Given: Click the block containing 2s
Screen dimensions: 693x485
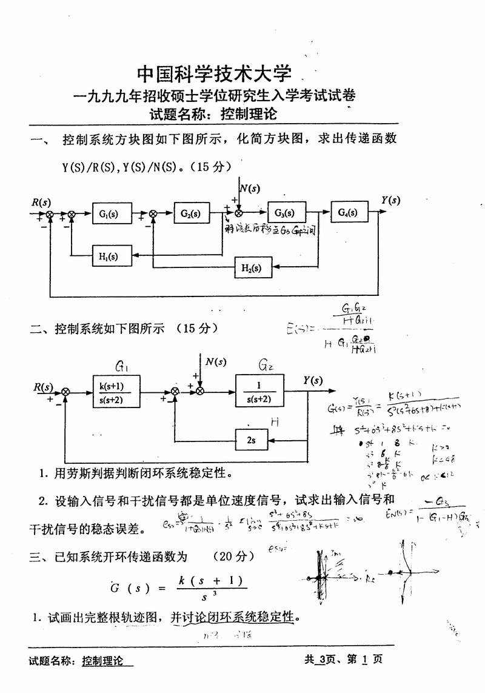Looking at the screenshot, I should click(x=253, y=438).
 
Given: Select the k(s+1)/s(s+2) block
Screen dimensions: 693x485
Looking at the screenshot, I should click(x=115, y=391).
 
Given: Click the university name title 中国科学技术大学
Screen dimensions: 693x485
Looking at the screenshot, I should click(x=215, y=74).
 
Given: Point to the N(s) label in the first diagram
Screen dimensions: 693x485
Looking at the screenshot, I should click(x=249, y=188).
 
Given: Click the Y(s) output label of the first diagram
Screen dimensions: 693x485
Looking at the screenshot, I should click(x=391, y=201).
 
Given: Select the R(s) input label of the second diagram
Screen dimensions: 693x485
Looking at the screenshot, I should click(x=42, y=387).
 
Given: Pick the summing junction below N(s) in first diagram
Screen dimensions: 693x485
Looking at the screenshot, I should click(x=239, y=213).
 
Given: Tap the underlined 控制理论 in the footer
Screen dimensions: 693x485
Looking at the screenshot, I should click(x=102, y=661).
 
